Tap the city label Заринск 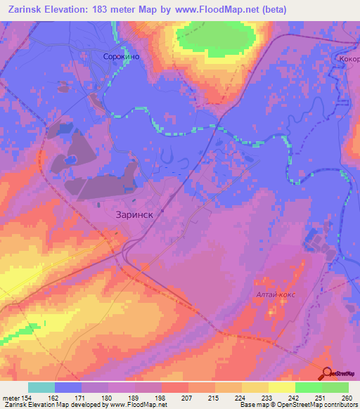[134, 217]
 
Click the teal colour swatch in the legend [41, 387]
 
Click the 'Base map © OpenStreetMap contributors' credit [295, 405]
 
